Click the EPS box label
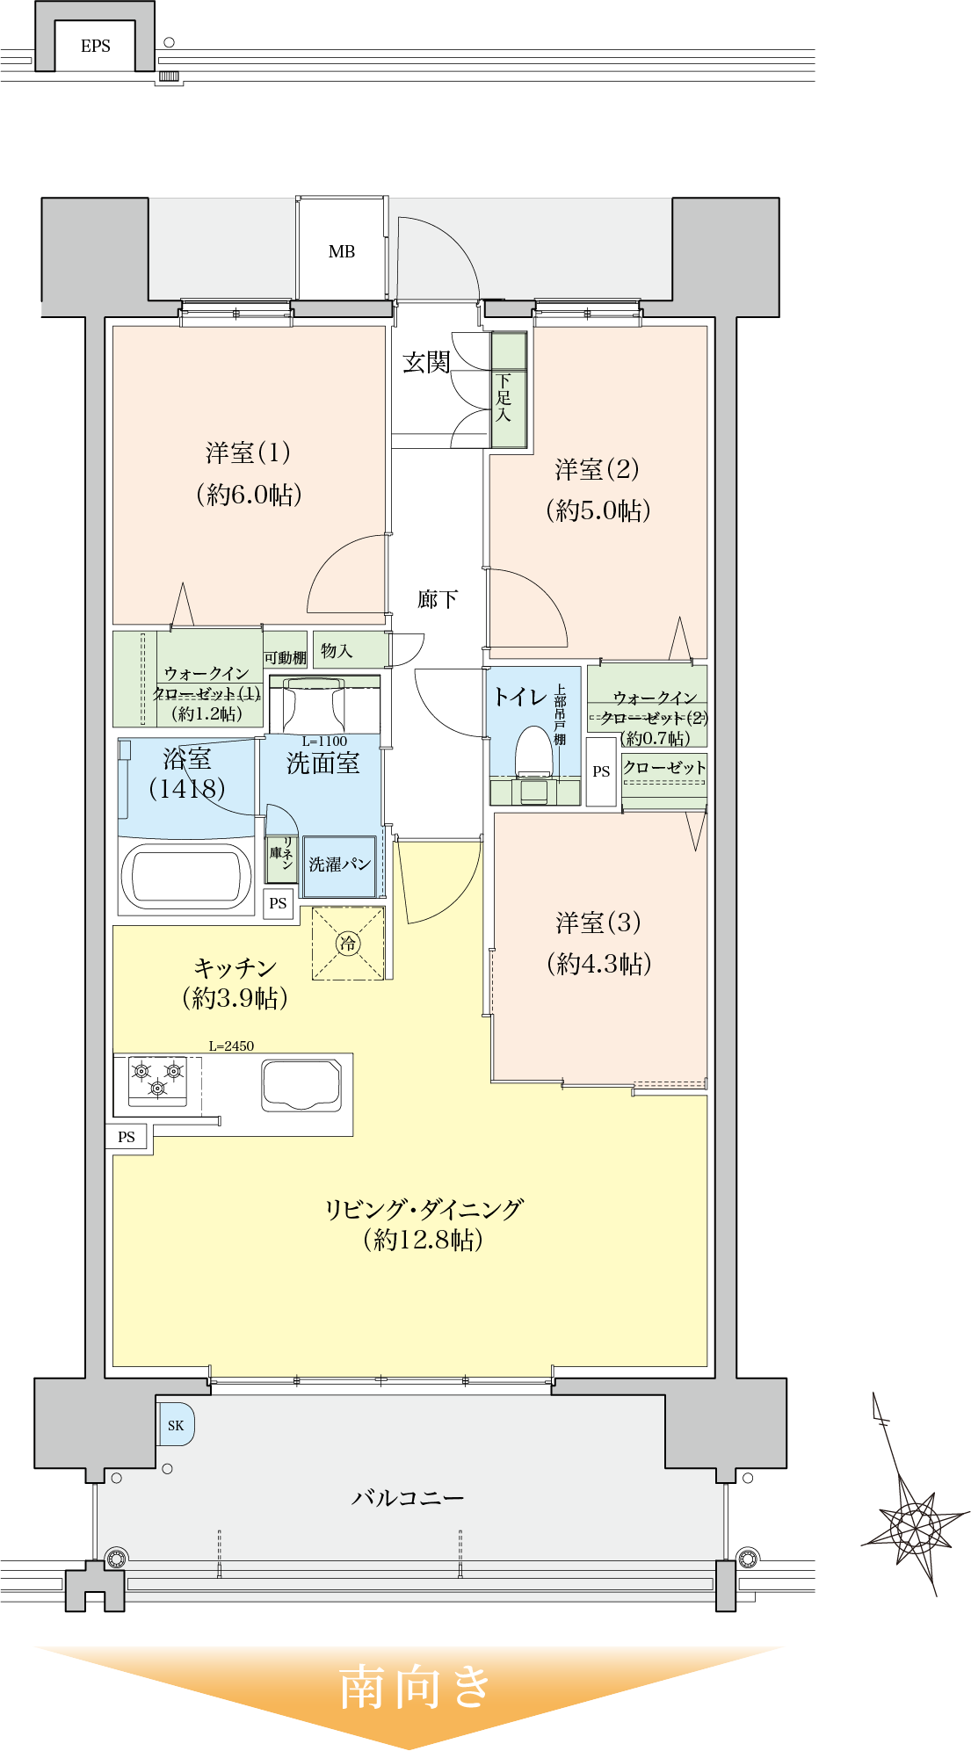[95, 47]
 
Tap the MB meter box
[342, 251]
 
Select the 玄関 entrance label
[426, 362]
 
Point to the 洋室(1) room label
[249, 453]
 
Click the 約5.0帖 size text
[598, 510]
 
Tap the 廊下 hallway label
[438, 599]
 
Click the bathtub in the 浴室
[186, 877]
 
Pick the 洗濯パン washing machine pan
[339, 865]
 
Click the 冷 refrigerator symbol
[348, 944]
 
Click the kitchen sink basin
[301, 1084]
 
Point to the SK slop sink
[176, 1425]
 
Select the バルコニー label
[408, 1498]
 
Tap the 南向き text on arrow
[415, 1687]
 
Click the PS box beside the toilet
[601, 771]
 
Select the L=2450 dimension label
[231, 1046]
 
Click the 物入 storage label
[337, 650]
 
